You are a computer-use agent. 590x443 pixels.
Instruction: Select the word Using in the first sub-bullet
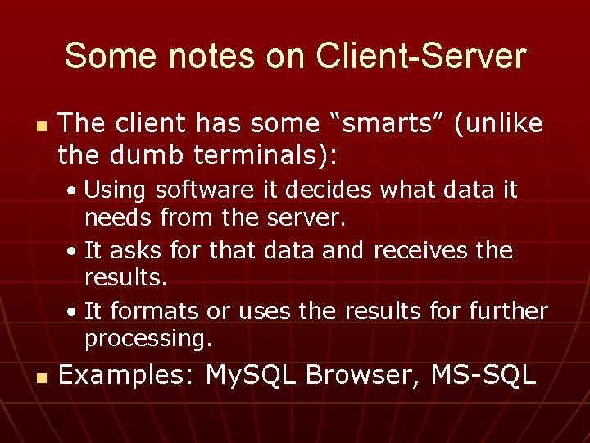(x=115, y=190)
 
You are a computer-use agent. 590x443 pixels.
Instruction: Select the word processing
(x=148, y=338)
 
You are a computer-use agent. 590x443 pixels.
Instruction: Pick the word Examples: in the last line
(x=127, y=376)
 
